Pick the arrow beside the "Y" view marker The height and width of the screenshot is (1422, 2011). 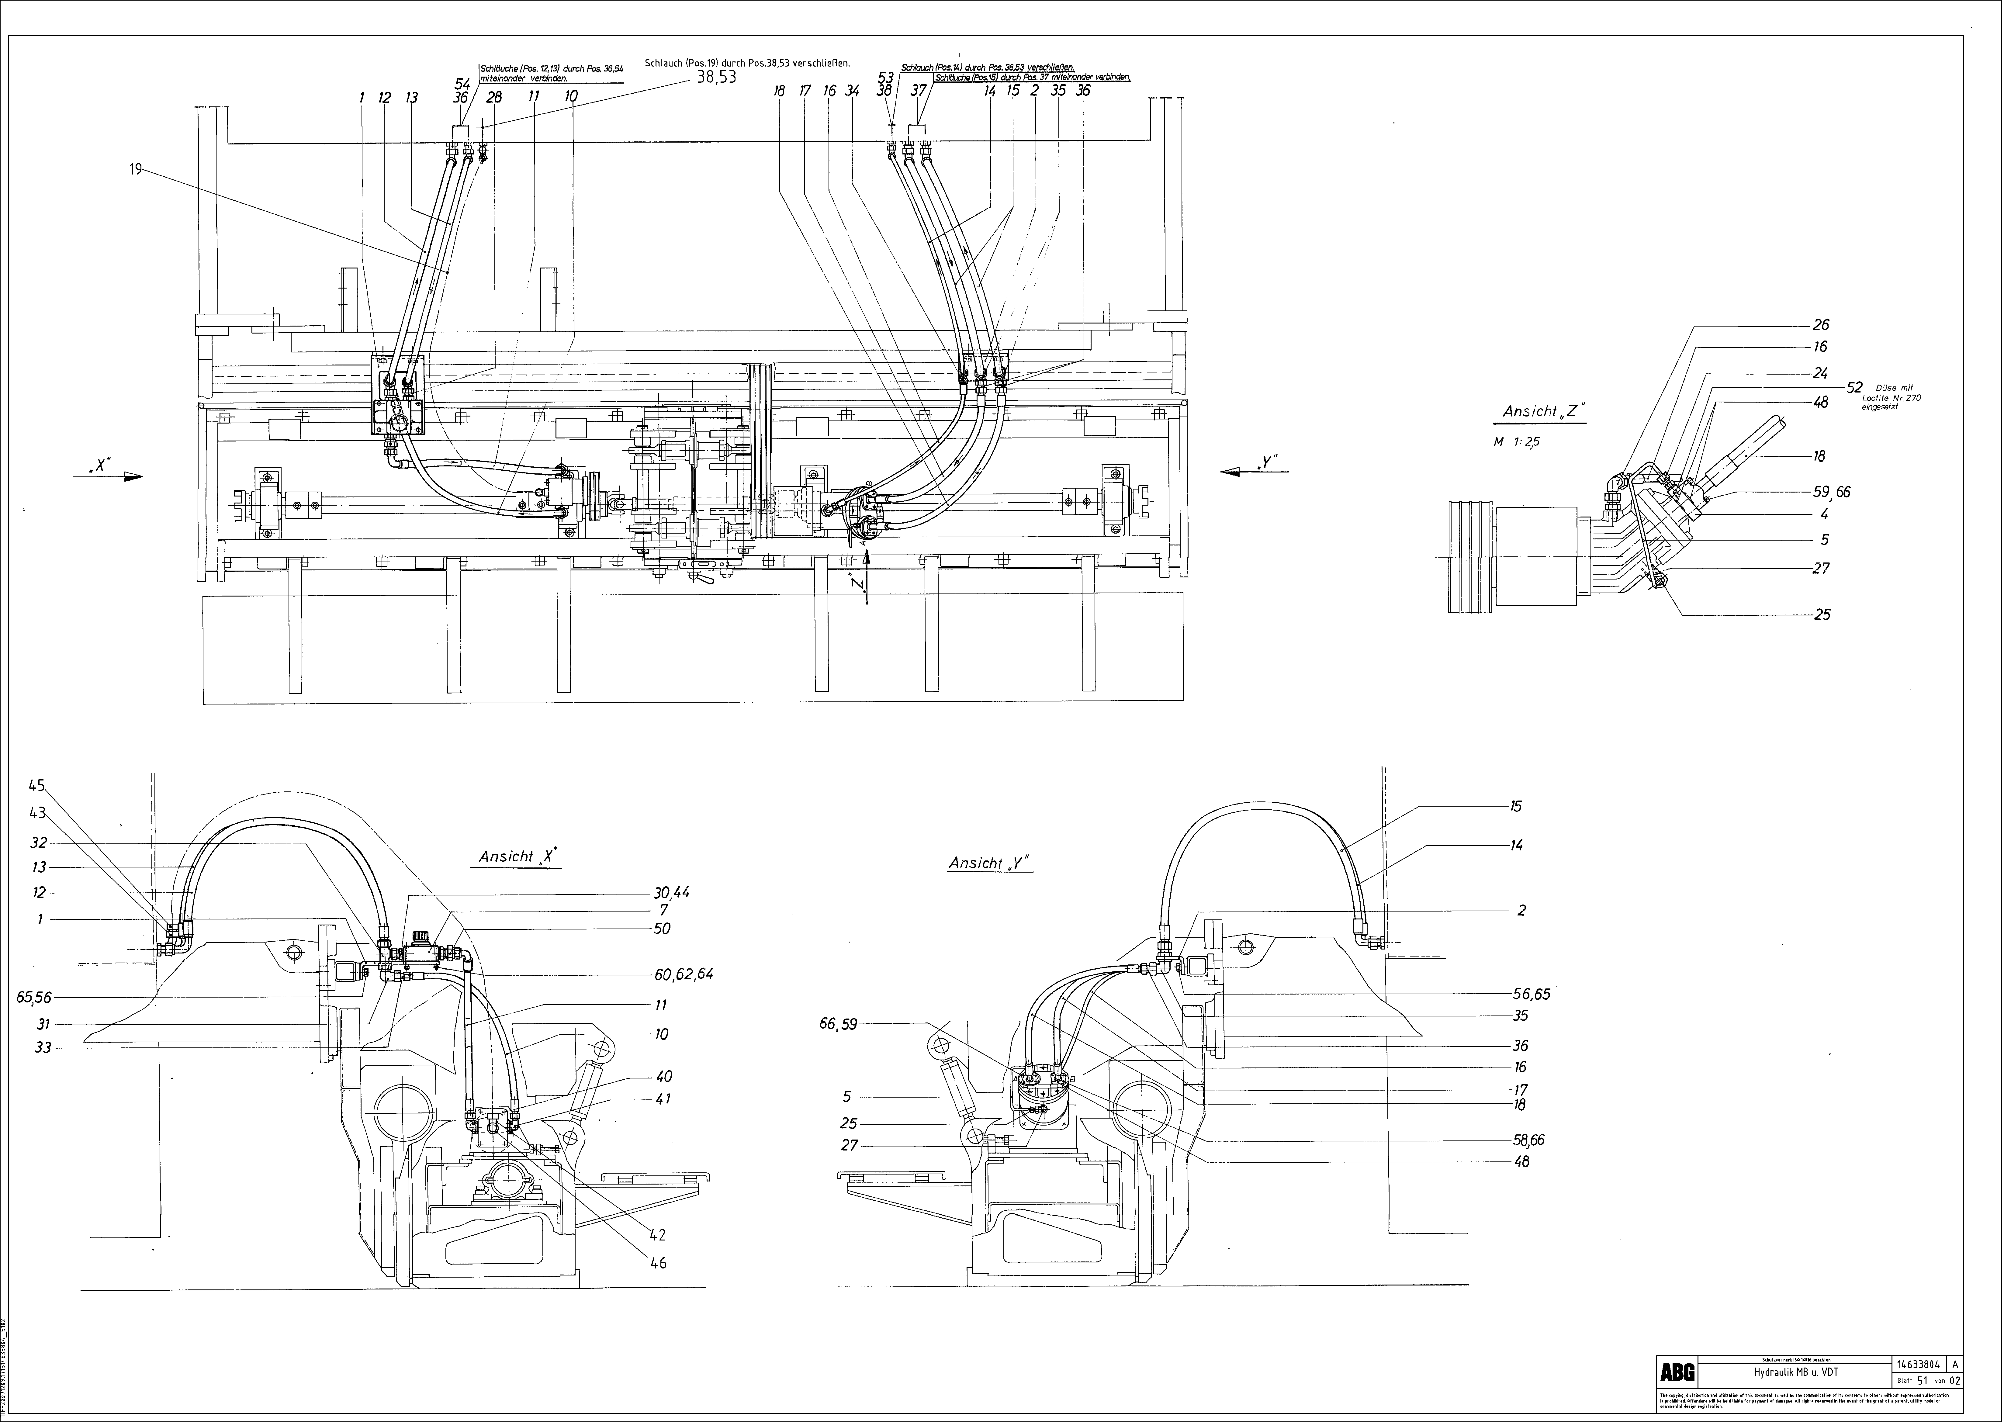point(1237,471)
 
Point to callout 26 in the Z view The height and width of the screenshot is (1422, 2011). point(1820,325)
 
